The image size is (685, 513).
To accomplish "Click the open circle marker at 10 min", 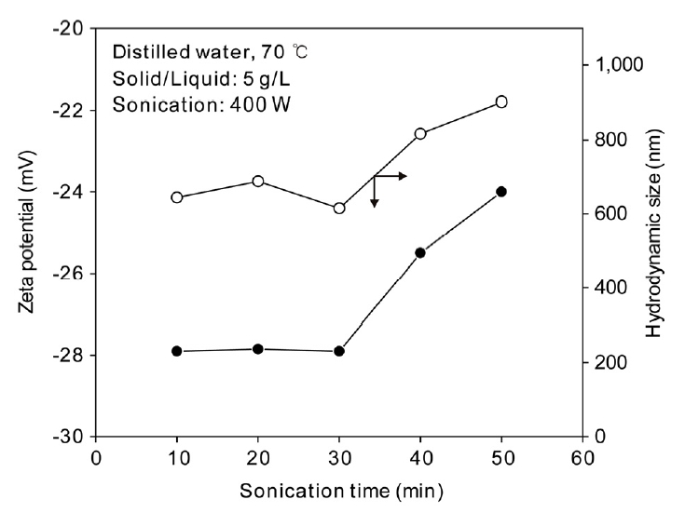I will [177, 197].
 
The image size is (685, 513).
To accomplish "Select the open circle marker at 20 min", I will [258, 181].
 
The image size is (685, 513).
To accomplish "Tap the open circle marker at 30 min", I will [339, 208].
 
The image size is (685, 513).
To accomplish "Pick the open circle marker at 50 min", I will [501, 101].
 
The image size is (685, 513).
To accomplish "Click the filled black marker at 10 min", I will [177, 350].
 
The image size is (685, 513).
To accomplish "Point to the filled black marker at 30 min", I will [339, 351].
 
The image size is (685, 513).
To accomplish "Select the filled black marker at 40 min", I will [420, 252].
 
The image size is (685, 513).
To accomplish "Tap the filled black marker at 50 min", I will [501, 191].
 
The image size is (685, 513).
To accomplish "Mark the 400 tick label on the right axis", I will [608, 288].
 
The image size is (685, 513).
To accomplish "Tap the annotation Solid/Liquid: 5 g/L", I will [198, 78].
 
